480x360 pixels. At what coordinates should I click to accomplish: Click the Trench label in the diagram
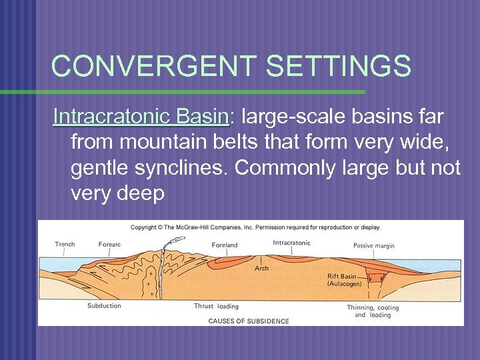click(65, 244)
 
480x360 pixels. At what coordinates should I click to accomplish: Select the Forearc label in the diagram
click(109, 245)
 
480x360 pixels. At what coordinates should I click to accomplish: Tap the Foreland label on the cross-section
click(225, 245)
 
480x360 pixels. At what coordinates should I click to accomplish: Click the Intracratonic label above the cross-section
click(291, 243)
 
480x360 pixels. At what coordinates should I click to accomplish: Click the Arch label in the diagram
click(262, 269)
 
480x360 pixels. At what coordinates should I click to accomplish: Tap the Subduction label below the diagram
click(104, 306)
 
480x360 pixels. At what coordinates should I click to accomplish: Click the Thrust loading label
click(216, 307)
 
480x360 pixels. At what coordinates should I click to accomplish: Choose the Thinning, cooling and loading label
click(373, 311)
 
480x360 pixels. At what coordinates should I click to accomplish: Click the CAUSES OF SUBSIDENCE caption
click(249, 321)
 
